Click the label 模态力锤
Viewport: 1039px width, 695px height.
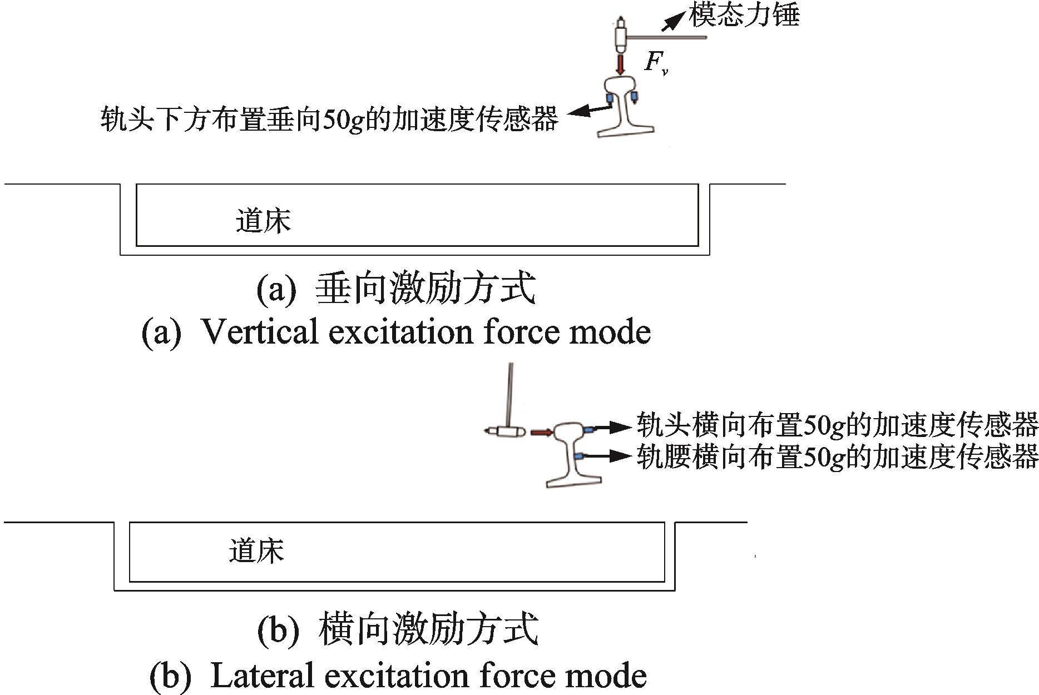click(x=744, y=15)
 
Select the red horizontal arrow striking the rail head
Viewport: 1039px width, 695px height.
click(x=541, y=432)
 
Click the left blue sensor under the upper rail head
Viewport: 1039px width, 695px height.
click(x=609, y=98)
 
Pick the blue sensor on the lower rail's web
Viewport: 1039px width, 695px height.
click(x=580, y=456)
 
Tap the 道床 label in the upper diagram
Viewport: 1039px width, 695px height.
click(x=263, y=221)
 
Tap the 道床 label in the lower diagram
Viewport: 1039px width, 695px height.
click(x=256, y=551)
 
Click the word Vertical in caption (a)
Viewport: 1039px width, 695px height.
click(x=259, y=332)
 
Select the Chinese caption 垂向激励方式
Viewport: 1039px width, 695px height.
click(x=425, y=289)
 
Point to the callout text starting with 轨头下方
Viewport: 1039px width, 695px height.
click(x=329, y=119)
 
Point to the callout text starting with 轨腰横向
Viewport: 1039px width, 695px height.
click(x=837, y=456)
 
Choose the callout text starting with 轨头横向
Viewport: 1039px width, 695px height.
click(x=837, y=425)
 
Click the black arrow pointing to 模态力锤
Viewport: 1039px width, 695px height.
click(x=672, y=21)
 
